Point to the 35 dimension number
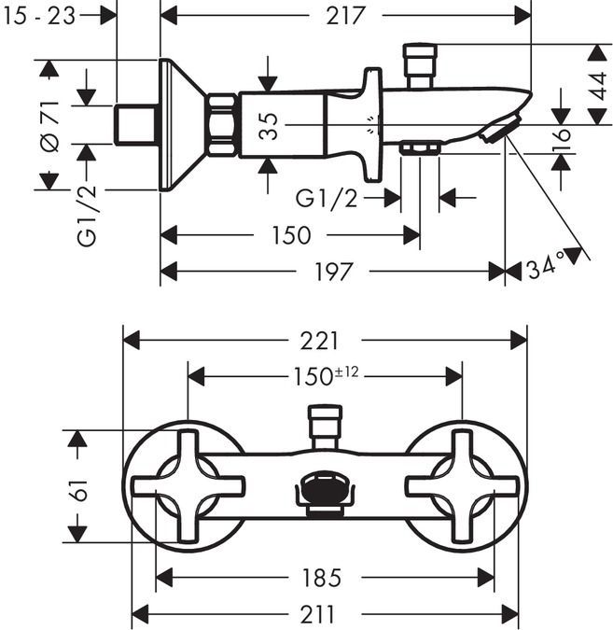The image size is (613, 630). point(269,125)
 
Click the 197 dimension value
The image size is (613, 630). point(333,272)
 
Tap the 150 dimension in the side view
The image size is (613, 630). point(291,235)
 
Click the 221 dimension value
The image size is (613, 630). point(321,341)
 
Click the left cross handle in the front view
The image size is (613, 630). point(188,485)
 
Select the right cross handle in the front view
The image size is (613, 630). point(462,485)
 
